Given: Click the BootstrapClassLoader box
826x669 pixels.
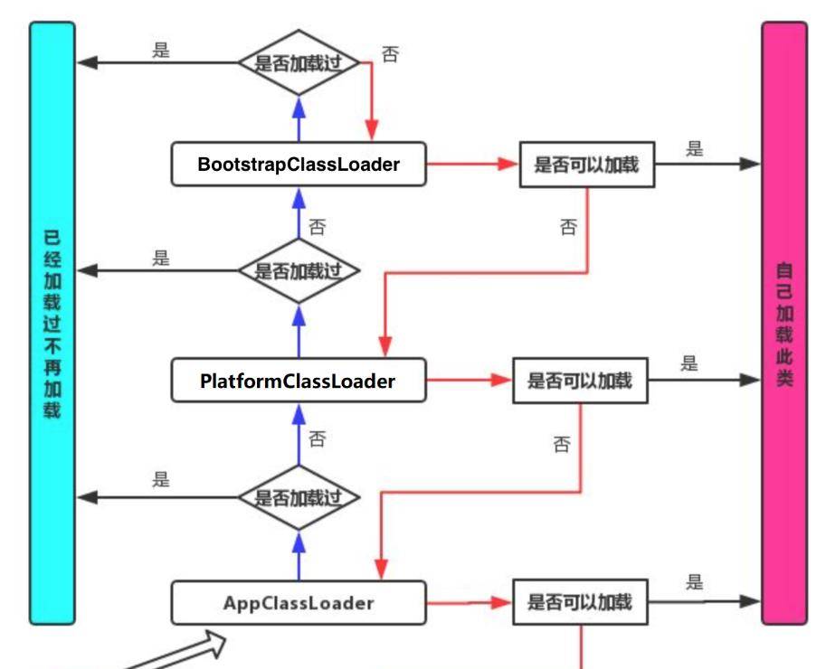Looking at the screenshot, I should [x=298, y=164].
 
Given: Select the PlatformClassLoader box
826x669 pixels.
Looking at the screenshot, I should [x=298, y=381].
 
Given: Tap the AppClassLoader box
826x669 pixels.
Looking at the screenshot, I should [x=298, y=602].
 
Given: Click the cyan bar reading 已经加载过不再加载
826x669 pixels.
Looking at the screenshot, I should [x=52, y=323].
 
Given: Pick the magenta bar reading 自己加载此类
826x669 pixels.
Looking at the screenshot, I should [x=783, y=323].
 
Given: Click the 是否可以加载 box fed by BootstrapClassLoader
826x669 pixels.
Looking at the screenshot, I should [x=586, y=165].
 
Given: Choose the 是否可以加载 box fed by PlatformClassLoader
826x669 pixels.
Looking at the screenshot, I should [x=579, y=381].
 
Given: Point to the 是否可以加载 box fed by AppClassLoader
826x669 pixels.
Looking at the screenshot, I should [x=579, y=601].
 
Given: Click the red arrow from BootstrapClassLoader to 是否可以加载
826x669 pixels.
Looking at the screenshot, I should [x=471, y=165].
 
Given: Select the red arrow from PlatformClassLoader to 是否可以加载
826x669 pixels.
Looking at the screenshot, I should [x=468, y=381].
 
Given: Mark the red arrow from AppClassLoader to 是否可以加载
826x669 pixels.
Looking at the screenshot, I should [x=468, y=601].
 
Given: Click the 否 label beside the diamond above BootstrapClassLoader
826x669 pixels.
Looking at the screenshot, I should [x=390, y=55].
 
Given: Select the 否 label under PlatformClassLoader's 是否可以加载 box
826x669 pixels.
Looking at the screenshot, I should [x=562, y=445].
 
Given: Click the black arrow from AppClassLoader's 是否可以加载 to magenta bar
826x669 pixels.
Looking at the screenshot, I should [x=704, y=601].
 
